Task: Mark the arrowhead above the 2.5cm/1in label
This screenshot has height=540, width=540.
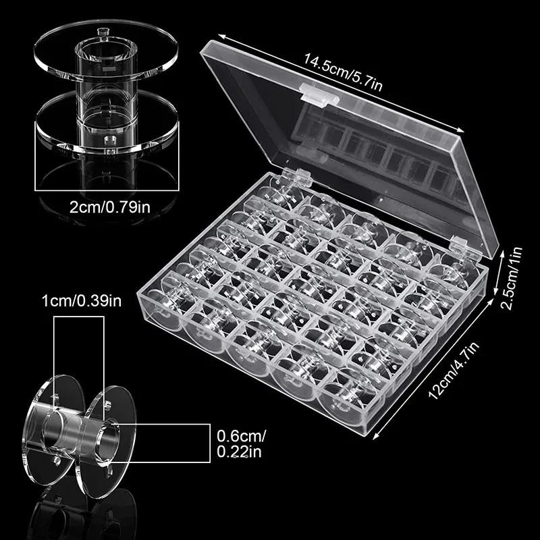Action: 503,253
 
